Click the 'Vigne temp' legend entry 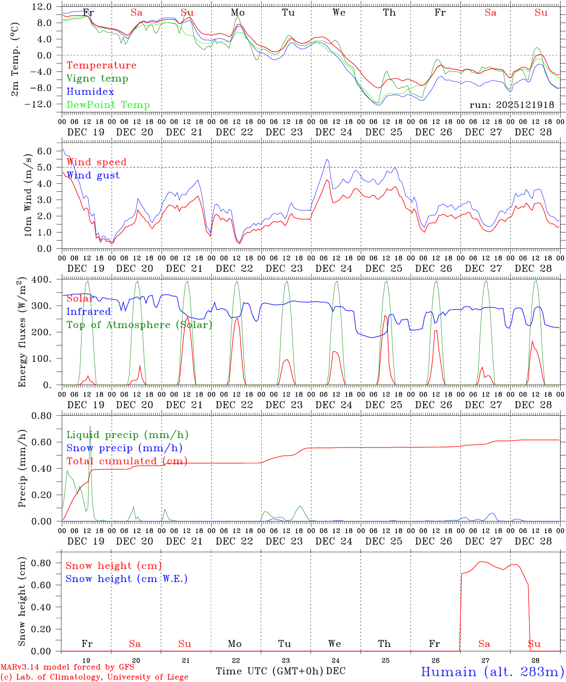[x=97, y=79]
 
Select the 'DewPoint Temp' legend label [x=108, y=105]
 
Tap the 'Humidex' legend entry [x=90, y=92]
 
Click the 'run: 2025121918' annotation [x=511, y=105]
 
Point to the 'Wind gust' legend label [x=93, y=175]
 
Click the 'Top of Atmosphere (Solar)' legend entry [x=139, y=325]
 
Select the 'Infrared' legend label [x=89, y=312]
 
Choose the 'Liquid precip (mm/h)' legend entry [x=127, y=435]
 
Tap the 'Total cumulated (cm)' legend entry [x=127, y=461]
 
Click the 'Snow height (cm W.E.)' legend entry [x=127, y=579]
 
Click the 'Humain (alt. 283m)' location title [x=493, y=672]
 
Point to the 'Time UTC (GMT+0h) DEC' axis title [x=281, y=671]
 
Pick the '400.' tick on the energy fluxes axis [x=42, y=280]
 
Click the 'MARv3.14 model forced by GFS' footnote [x=67, y=667]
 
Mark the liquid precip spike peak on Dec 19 [x=90, y=426]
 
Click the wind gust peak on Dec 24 [x=327, y=160]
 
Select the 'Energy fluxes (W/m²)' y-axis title [x=21, y=333]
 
